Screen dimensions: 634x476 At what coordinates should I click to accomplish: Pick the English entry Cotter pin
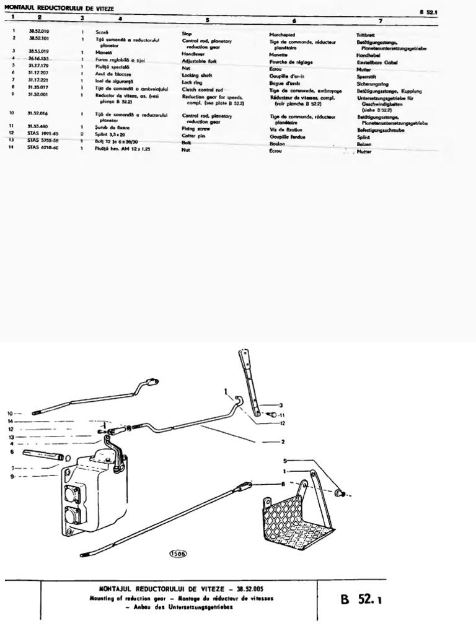tap(194, 135)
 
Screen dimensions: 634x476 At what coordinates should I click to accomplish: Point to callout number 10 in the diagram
tap(9, 412)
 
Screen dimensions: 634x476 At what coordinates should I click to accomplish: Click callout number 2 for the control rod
tap(283, 442)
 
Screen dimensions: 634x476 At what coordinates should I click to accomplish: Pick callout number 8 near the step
tap(283, 484)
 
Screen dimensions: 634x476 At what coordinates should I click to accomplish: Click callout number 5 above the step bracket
tap(286, 461)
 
